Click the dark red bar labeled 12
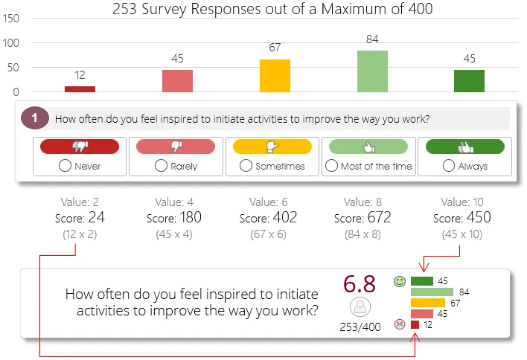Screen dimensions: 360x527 click(x=80, y=89)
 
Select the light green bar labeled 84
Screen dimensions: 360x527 click(x=372, y=71)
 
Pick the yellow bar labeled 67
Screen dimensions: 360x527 click(x=275, y=75)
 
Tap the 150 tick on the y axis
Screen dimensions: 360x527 click(x=11, y=19)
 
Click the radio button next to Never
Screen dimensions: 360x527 click(x=66, y=166)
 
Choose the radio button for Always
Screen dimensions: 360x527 click(x=448, y=166)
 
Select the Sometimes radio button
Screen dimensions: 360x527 click(x=246, y=166)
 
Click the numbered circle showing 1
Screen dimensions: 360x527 click(x=35, y=118)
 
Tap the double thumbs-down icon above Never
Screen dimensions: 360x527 click(x=80, y=147)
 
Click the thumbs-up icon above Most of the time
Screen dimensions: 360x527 click(x=368, y=147)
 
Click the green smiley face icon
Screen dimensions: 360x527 click(x=400, y=281)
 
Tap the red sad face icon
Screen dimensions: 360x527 click(x=400, y=324)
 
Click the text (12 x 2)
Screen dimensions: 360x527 click(x=80, y=234)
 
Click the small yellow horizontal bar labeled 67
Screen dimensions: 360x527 click(x=427, y=303)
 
